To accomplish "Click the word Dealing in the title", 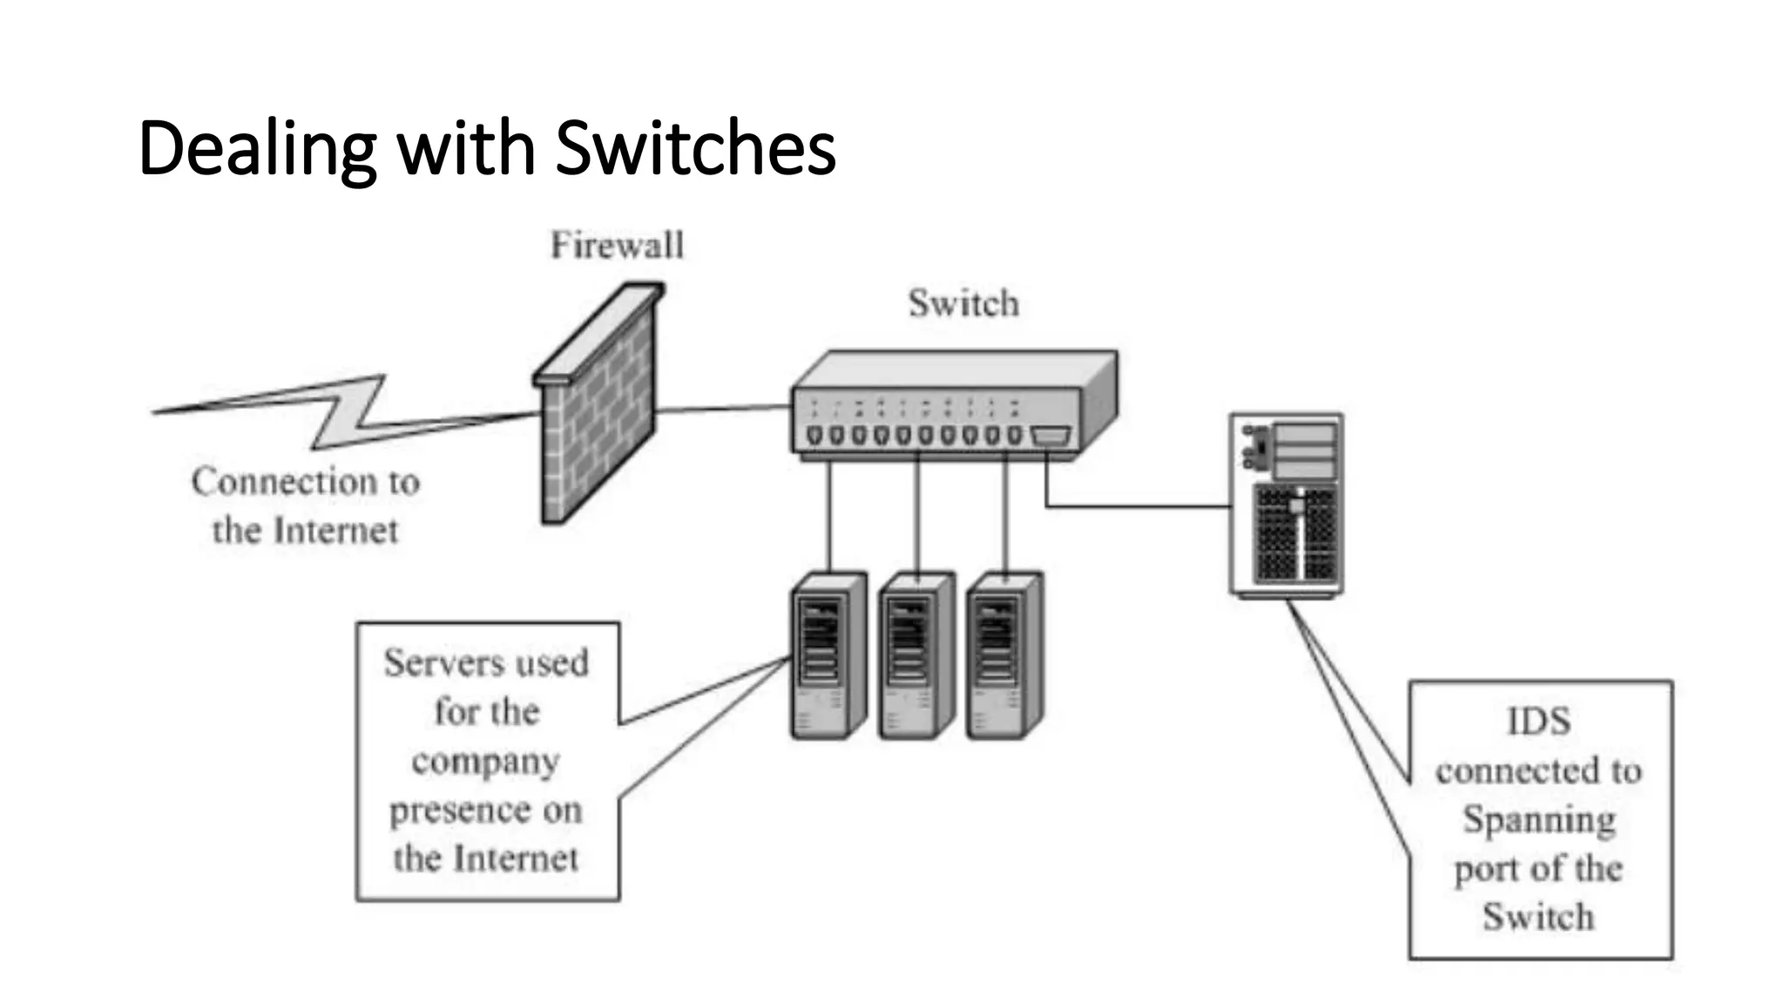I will (256, 148).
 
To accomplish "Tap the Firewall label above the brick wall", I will (617, 245).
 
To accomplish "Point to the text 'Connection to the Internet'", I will (305, 505).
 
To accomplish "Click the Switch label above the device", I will (963, 303).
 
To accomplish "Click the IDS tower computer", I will (1286, 505).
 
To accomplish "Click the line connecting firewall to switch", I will (723, 408).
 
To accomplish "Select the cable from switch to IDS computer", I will (1132, 505).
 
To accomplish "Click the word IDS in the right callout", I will (1538, 722).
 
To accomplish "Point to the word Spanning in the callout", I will (1538, 820).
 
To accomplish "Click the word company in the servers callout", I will (485, 762).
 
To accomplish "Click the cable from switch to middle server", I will (916, 514).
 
